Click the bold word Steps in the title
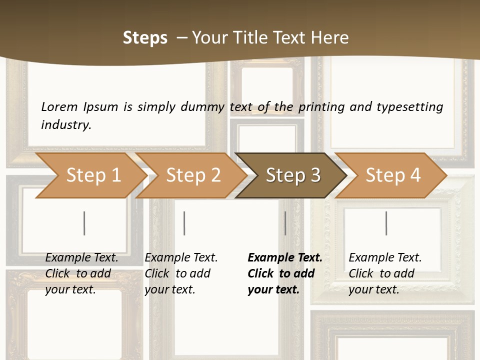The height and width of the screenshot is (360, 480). click(x=145, y=38)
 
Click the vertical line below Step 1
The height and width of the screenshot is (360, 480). click(x=84, y=223)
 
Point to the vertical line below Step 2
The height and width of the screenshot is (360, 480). click(x=184, y=223)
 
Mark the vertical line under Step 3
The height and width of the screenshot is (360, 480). click(x=285, y=223)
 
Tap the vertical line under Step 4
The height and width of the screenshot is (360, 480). click(x=386, y=223)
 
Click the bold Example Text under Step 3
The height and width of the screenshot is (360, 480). click(x=285, y=258)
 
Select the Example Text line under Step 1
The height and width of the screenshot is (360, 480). click(x=81, y=258)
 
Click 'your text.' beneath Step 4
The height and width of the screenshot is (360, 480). click(x=373, y=290)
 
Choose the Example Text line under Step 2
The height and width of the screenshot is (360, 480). click(x=181, y=258)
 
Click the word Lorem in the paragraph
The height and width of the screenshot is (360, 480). click(x=59, y=107)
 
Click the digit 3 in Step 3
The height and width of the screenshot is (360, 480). click(x=315, y=175)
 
